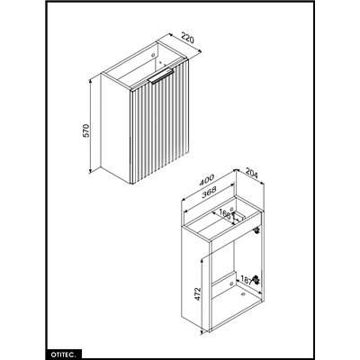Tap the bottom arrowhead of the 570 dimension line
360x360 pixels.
[x=94, y=171]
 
